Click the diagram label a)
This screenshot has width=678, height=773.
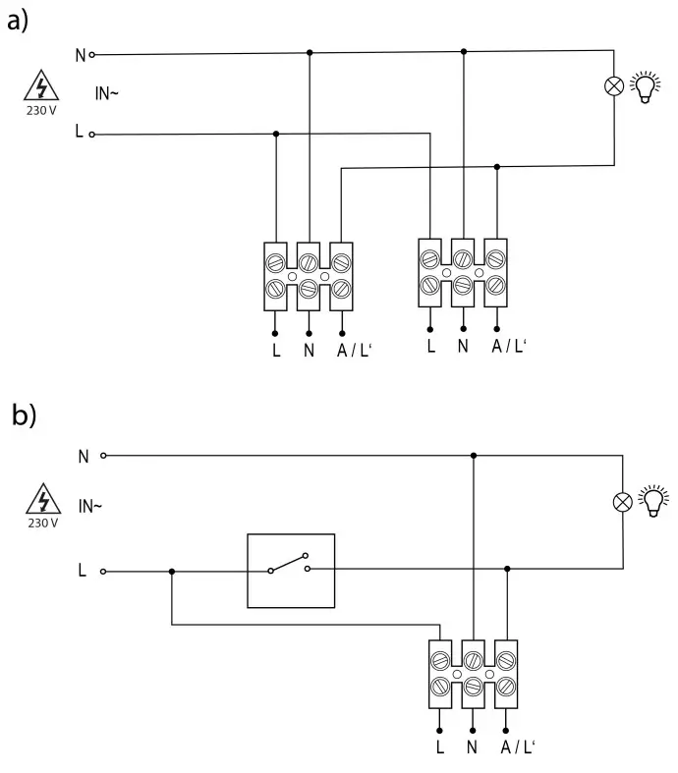point(19,22)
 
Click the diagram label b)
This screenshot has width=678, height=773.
point(22,415)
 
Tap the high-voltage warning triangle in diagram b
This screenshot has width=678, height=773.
point(41,500)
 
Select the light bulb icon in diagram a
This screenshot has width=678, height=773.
point(645,86)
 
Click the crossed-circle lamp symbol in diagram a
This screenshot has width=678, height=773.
point(613,86)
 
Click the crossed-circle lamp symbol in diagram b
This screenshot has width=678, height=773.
point(622,502)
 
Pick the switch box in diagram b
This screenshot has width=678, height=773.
point(291,570)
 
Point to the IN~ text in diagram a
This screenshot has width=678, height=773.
point(107,94)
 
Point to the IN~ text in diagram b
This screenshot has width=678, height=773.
point(90,507)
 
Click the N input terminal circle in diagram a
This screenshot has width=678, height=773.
point(92,55)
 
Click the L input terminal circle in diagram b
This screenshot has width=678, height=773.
point(103,571)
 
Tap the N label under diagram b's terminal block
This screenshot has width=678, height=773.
point(474,748)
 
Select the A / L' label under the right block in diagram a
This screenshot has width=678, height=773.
point(508,346)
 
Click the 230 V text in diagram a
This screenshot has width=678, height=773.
point(41,110)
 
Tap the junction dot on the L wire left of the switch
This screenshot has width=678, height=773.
point(172,571)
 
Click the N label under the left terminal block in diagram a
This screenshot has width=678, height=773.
point(309,350)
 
